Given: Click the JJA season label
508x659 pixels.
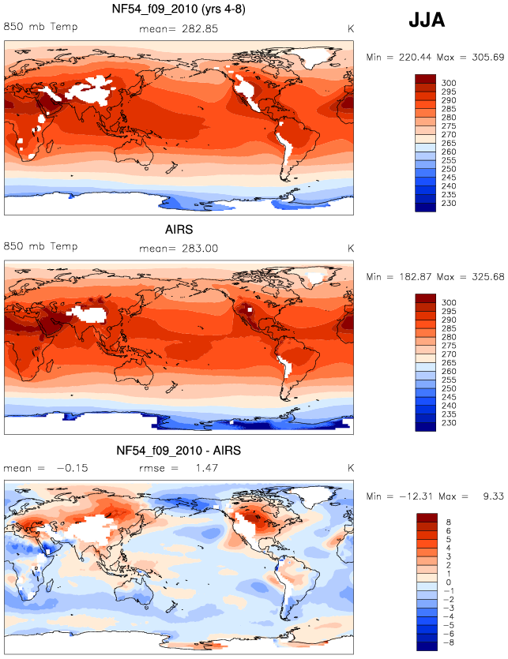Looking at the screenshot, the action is click(x=427, y=20).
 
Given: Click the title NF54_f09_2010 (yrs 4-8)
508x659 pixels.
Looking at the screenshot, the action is click(x=179, y=9).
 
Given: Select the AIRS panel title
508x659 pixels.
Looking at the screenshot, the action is click(x=179, y=230).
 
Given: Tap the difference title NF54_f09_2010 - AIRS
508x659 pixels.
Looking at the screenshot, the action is click(x=179, y=451).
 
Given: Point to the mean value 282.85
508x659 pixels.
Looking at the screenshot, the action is click(x=200, y=29).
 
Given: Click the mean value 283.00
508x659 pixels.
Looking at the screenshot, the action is click(x=200, y=249).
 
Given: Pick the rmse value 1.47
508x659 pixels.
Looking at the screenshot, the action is click(x=207, y=468).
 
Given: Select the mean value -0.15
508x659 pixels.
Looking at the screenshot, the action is click(x=73, y=468).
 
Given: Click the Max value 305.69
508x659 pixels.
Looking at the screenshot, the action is click(x=487, y=57).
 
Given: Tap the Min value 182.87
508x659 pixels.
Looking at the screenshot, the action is click(x=415, y=277).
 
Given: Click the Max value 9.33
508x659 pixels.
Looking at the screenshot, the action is click(x=493, y=496).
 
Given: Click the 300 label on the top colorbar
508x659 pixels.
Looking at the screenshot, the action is click(x=449, y=83).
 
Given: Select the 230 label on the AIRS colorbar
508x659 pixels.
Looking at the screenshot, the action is click(x=449, y=423).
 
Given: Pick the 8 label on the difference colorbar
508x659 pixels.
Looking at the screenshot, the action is click(x=448, y=522).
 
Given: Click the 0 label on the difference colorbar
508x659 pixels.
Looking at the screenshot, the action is click(x=448, y=582).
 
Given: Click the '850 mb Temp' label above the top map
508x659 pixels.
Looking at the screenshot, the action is click(x=41, y=27).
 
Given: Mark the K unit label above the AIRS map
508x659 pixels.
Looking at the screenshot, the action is click(x=351, y=249).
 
